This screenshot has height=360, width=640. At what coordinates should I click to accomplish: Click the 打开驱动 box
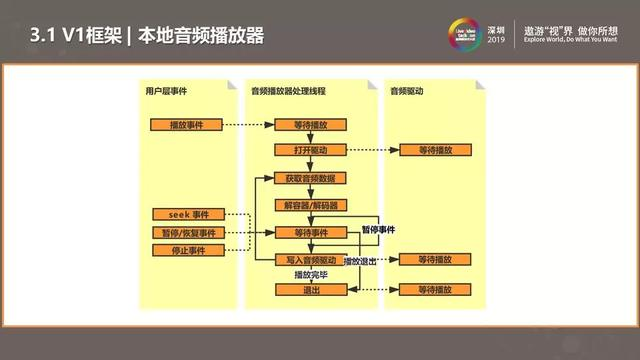click(311, 149)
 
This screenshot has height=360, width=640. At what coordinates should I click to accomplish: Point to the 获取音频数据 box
click(311, 178)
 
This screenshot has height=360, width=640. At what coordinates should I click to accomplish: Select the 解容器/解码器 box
click(311, 205)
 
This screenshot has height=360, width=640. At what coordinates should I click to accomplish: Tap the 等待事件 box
click(311, 233)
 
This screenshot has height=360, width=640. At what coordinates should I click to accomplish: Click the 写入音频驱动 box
click(311, 260)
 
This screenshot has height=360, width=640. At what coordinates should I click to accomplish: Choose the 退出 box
click(311, 289)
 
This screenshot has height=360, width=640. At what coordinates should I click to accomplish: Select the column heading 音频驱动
click(407, 91)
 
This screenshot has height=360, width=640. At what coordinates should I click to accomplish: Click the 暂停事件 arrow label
click(377, 229)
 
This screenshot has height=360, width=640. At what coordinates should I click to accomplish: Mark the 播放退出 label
click(359, 260)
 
